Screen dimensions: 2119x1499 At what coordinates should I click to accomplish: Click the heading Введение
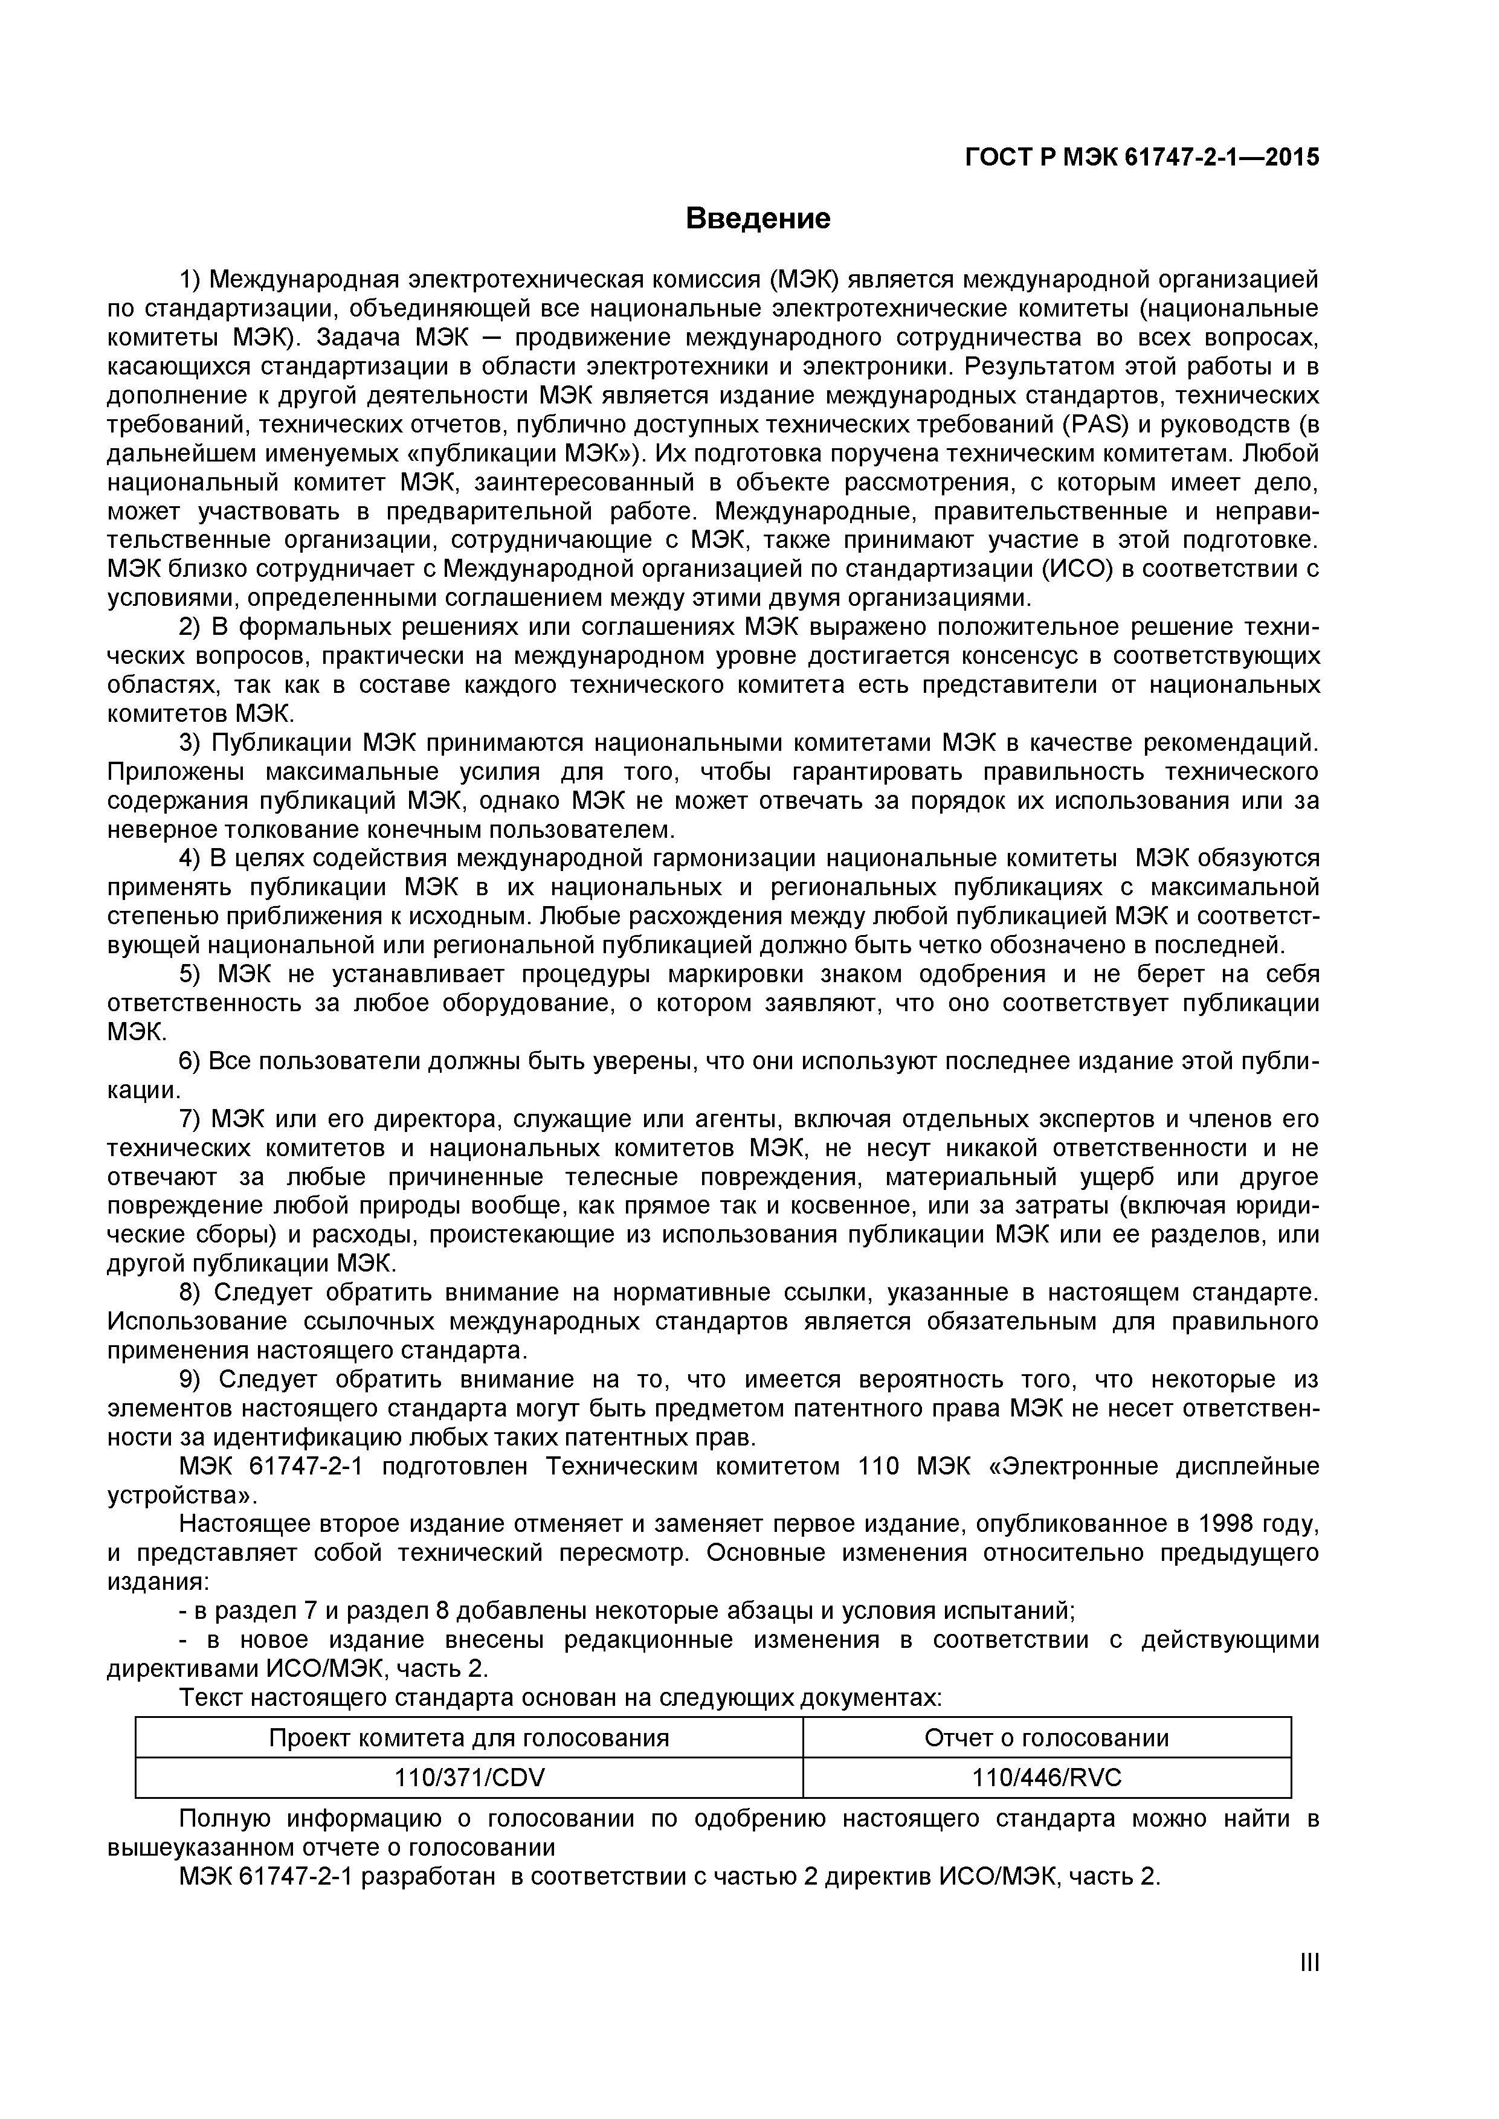pyautogui.click(x=757, y=219)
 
